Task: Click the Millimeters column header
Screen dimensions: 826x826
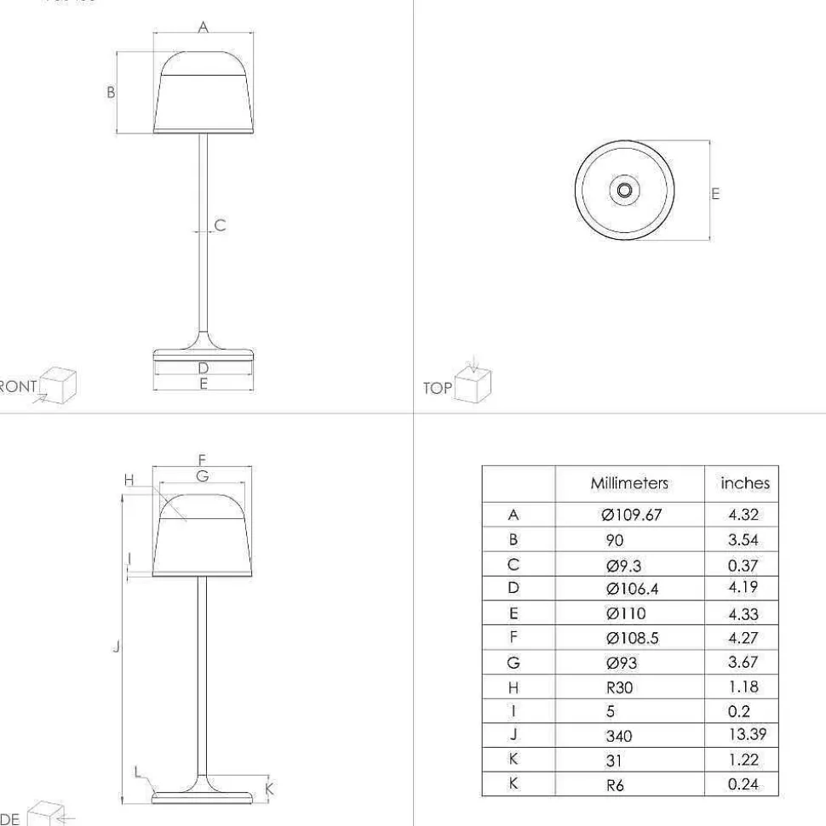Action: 629,483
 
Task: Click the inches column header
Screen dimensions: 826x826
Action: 744,483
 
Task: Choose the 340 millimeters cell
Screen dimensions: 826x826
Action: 619,736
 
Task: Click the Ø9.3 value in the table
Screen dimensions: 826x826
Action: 625,565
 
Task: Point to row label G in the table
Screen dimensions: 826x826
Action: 513,663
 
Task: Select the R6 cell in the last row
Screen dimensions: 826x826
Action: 616,785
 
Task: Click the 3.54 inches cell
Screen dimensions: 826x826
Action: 743,540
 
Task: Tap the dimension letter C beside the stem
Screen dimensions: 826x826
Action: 220,225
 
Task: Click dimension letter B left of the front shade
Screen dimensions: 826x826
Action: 111,92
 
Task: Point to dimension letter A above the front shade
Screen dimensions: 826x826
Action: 203,27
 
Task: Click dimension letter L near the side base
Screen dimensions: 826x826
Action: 139,772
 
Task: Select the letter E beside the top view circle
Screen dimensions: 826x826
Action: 715,193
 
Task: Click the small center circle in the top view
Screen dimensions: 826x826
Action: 624,191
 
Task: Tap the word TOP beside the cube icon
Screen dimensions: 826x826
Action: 437,388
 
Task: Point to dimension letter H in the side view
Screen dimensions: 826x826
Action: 129,481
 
